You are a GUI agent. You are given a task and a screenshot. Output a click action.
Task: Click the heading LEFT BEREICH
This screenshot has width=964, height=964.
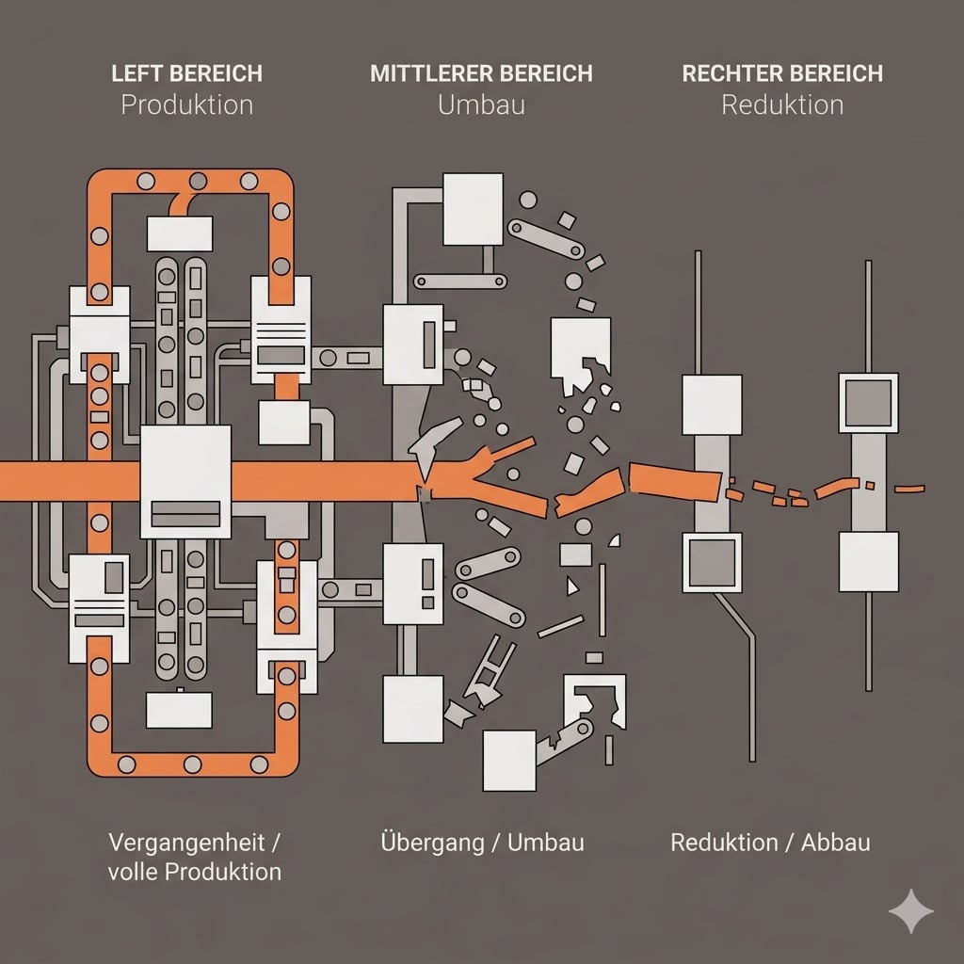coord(186,73)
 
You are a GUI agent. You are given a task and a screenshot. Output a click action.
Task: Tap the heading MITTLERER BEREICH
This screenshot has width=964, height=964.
coord(481,73)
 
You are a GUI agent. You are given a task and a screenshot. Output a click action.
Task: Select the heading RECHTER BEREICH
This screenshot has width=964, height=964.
coord(782,73)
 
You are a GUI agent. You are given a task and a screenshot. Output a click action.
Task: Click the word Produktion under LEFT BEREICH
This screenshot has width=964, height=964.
coord(186,104)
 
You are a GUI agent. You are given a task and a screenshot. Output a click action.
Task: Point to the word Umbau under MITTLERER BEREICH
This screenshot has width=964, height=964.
coord(481,104)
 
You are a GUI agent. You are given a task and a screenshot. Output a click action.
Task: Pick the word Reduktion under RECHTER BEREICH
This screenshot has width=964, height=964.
coord(782,104)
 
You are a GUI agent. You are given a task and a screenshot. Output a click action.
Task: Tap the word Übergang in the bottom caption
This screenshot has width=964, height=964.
coord(427,841)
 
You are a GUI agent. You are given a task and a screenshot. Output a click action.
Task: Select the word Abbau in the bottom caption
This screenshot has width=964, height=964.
coord(835,841)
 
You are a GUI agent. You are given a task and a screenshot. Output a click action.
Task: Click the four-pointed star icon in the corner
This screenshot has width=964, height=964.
coord(911,910)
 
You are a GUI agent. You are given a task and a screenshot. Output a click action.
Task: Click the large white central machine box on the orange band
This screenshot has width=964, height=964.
coord(185,481)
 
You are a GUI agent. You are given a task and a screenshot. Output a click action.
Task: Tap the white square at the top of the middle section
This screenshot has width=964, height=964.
coord(473,208)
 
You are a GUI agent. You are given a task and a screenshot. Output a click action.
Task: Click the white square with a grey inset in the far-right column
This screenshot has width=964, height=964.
coord(868,403)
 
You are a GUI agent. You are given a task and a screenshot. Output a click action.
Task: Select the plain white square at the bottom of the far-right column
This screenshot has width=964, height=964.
coord(868,561)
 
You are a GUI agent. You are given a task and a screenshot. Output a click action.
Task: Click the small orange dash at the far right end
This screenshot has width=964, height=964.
coord(908,489)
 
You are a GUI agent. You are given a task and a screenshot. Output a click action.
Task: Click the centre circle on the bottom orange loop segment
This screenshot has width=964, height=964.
coord(192,763)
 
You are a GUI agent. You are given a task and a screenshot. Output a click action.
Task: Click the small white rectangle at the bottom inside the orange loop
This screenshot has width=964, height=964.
coord(179,711)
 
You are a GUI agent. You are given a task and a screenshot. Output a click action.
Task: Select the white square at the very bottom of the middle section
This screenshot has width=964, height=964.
coord(508,760)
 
